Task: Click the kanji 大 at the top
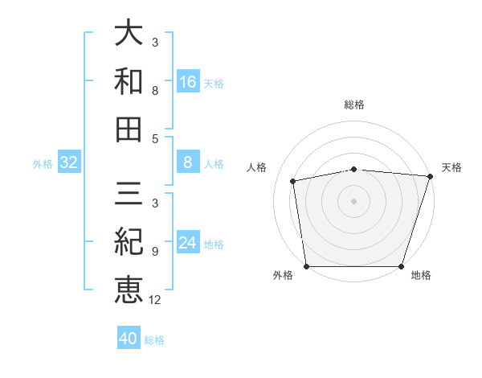(x=129, y=34)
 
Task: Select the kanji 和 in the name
(x=129, y=81)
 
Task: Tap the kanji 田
(x=129, y=128)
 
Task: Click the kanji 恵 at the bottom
(x=129, y=288)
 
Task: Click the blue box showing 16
(x=188, y=82)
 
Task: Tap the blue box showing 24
(x=188, y=243)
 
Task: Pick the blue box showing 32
(x=68, y=163)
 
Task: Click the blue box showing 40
(x=129, y=339)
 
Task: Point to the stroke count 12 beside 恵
(x=155, y=300)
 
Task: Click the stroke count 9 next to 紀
(x=154, y=252)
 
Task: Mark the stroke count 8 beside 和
(x=154, y=91)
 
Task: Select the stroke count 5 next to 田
(x=154, y=138)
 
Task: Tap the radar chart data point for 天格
(x=430, y=177)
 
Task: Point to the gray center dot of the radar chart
(x=353, y=200)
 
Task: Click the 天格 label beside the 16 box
(x=214, y=83)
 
